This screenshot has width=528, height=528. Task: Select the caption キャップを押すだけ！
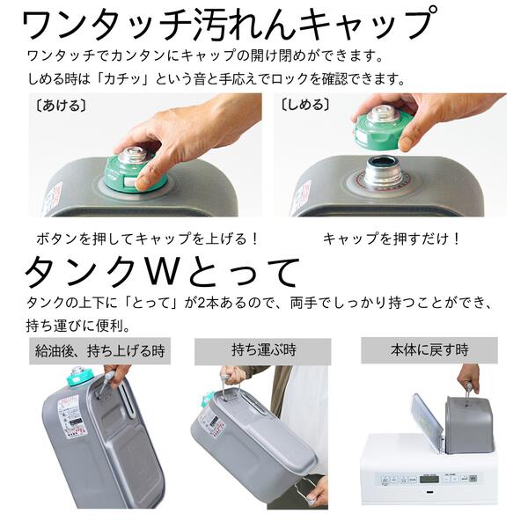click(x=392, y=238)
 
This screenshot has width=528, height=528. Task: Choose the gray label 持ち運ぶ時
click(x=264, y=350)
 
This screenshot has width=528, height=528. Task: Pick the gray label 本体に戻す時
click(x=429, y=349)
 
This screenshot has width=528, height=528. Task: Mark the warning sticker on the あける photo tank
click(x=54, y=196)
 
